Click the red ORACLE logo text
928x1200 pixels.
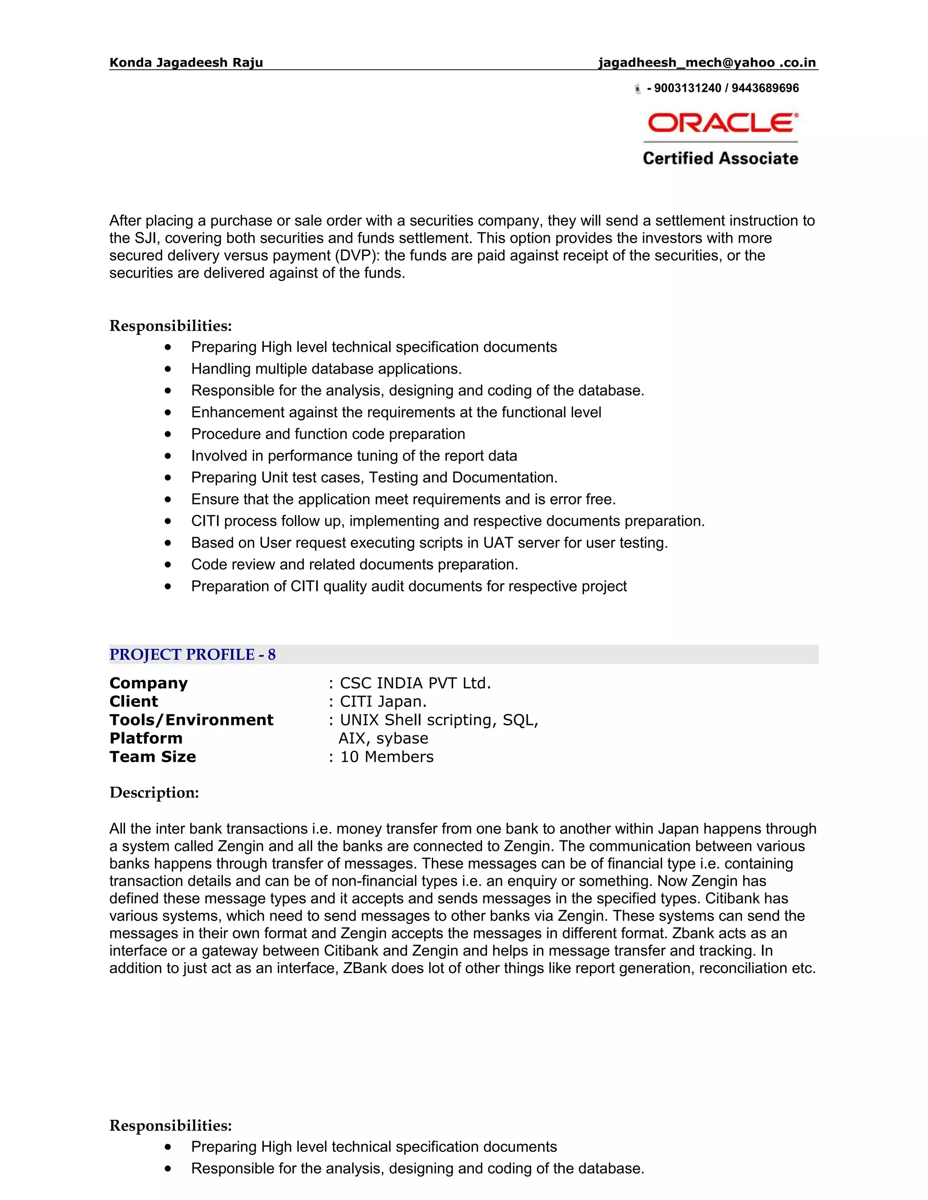point(722,123)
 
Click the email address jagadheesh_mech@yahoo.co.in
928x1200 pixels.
point(707,62)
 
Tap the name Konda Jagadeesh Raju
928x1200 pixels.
point(186,62)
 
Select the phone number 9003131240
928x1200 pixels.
point(687,88)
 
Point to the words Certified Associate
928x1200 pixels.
point(720,159)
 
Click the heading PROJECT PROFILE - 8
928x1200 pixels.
point(193,654)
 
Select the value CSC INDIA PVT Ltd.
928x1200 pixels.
point(415,683)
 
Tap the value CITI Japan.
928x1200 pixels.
point(383,701)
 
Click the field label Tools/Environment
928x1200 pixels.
point(191,720)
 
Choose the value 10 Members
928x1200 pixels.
point(387,757)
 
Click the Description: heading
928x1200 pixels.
point(154,792)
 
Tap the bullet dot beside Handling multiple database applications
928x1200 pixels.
point(168,369)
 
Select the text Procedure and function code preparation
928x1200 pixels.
point(328,434)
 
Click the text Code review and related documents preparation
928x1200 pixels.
point(355,564)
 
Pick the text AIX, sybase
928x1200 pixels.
point(383,739)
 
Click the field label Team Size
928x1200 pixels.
point(153,757)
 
